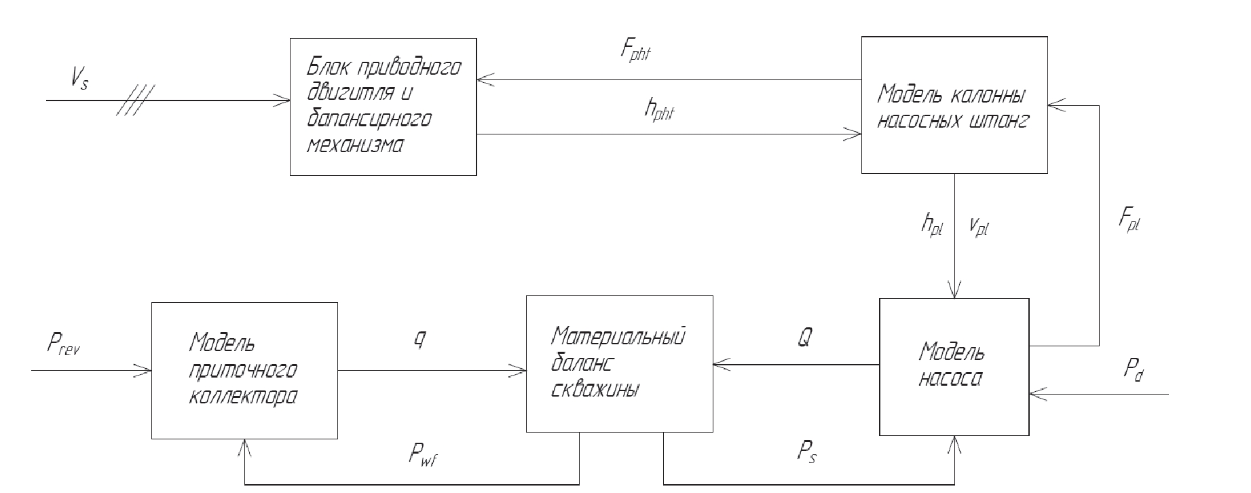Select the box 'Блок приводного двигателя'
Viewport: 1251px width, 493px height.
coord(383,107)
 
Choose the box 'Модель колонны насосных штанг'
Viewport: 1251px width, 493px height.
coord(954,105)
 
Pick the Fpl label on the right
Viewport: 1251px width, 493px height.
coord(1128,219)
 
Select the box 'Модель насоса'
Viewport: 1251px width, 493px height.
coord(954,367)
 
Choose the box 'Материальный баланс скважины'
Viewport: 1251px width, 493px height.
coord(619,363)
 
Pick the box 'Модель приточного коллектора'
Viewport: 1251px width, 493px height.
coord(244,370)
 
